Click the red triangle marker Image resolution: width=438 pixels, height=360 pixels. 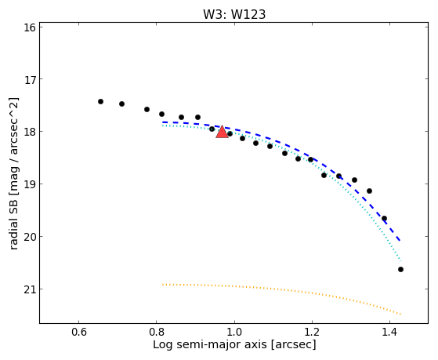[222, 132]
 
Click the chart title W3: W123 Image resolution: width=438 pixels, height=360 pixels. [234, 15]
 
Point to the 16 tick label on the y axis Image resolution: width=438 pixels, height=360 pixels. [30, 27]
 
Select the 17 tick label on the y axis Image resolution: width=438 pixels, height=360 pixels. [30, 80]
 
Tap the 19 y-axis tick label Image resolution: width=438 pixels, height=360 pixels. [30, 184]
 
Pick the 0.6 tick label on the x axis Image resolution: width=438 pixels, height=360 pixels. [79, 332]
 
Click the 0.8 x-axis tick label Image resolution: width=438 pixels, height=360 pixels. [157, 332]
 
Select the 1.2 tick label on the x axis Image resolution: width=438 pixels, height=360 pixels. [312, 332]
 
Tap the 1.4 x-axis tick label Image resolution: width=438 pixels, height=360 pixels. [389, 332]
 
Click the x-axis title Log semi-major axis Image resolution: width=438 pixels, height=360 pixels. [210, 345]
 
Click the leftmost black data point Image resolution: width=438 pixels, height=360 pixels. [100, 101]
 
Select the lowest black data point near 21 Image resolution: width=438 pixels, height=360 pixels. [400, 269]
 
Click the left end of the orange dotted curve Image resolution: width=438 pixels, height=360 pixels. [162, 285]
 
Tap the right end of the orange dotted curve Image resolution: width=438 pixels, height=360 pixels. [401, 315]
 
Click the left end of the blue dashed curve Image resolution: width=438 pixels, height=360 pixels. [162, 122]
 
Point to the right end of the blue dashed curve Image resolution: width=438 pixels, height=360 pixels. [400, 241]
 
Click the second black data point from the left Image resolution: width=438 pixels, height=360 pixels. [121, 104]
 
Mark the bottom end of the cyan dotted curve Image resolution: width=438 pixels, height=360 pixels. [401, 260]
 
